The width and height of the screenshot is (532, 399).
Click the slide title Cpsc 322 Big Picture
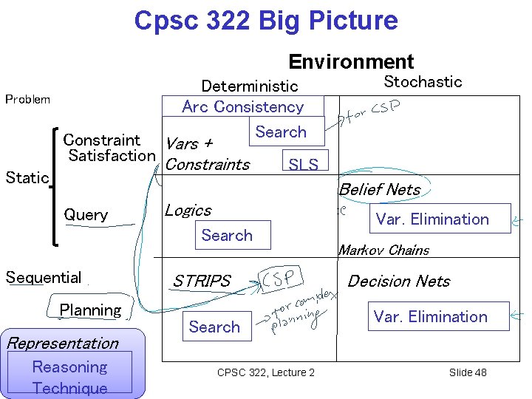pyautogui.click(x=265, y=20)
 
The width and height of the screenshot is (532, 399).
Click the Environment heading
pyautogui.click(x=351, y=61)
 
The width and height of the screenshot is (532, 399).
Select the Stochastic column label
pyautogui.click(x=423, y=82)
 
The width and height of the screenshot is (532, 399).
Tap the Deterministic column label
pyautogui.click(x=250, y=86)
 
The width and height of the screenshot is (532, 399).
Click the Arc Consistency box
pyautogui.click(x=243, y=106)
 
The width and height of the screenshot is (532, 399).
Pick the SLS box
pyautogui.click(x=303, y=164)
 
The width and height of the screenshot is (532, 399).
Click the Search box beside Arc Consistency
pyautogui.click(x=281, y=132)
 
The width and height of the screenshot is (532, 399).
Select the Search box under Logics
pyautogui.click(x=227, y=236)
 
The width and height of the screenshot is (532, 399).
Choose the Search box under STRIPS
pyautogui.click(x=214, y=327)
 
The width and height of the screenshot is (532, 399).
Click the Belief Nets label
pyautogui.click(x=380, y=190)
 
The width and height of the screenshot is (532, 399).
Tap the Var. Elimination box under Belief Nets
pyautogui.click(x=432, y=219)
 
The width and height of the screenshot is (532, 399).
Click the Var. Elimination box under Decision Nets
pyautogui.click(x=430, y=316)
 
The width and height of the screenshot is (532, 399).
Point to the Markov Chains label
pyautogui.click(x=383, y=250)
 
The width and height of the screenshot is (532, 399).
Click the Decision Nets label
pyautogui.click(x=398, y=281)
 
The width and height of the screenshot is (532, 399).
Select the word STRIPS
pyautogui.click(x=202, y=282)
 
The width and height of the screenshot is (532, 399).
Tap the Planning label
pyautogui.click(x=90, y=310)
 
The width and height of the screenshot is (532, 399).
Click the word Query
pyautogui.click(x=86, y=215)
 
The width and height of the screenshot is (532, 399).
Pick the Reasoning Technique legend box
pyautogui.click(x=70, y=376)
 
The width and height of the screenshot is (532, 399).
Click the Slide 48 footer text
pyautogui.click(x=468, y=372)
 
